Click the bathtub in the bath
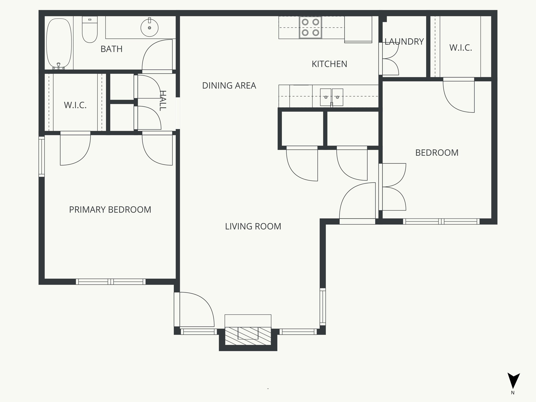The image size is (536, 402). click(59, 43)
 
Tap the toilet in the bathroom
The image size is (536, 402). click(90, 29)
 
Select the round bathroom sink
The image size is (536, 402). click(149, 27)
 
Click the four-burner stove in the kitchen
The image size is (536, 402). click(310, 27)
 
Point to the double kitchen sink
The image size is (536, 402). click(332, 97)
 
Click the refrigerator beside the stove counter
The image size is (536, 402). click(358, 29)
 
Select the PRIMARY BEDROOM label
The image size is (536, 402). click(110, 210)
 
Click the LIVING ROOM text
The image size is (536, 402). click(253, 226)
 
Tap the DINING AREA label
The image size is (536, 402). click(229, 86)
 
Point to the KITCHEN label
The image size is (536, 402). click(329, 64)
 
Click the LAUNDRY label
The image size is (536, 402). click(404, 42)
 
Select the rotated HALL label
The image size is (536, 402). click(163, 101)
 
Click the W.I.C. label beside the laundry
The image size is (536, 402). click(461, 48)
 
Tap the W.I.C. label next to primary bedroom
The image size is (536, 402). click(75, 105)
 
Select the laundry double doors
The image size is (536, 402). click(390, 59)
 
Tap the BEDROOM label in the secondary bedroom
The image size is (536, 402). click(437, 153)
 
